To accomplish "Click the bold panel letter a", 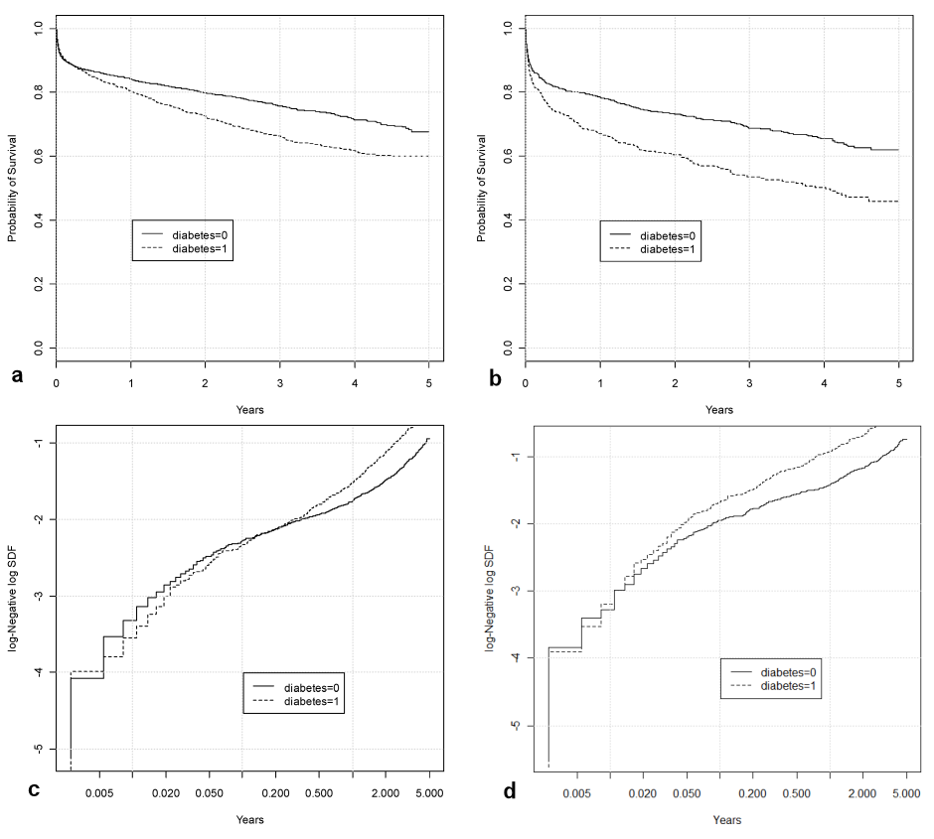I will [17, 374].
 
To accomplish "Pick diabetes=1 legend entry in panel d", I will [788, 685].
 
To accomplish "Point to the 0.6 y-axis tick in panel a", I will [39, 156].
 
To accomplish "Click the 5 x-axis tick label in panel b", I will [898, 382].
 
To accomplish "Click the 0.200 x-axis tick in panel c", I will [276, 794].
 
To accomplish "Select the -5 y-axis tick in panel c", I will [39, 749].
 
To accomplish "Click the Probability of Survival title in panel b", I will [482, 188].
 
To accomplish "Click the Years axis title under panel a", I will [249, 409].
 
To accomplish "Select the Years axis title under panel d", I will [726, 820].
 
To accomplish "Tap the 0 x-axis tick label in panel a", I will [57, 382].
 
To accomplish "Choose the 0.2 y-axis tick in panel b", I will [508, 284].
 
